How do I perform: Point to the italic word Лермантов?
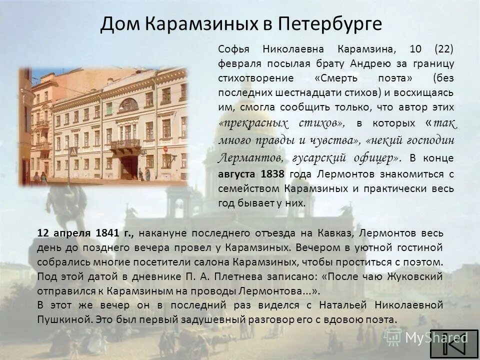247,158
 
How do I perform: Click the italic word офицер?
376,158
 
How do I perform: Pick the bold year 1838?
272,174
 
